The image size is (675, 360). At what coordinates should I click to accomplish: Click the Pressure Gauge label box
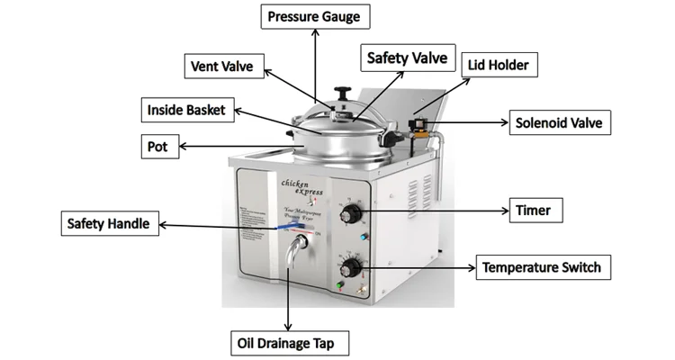tap(313, 16)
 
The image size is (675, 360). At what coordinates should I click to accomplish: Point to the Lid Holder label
tap(499, 66)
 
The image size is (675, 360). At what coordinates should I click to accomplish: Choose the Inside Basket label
tap(192, 111)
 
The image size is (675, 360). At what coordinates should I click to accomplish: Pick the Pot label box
tap(157, 146)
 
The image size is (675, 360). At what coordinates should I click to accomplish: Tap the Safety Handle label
tap(112, 223)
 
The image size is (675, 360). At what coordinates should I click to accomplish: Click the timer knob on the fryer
tap(352, 214)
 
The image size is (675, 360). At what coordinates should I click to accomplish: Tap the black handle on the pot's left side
tap(290, 136)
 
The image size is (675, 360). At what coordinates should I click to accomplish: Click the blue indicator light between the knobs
tap(363, 238)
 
